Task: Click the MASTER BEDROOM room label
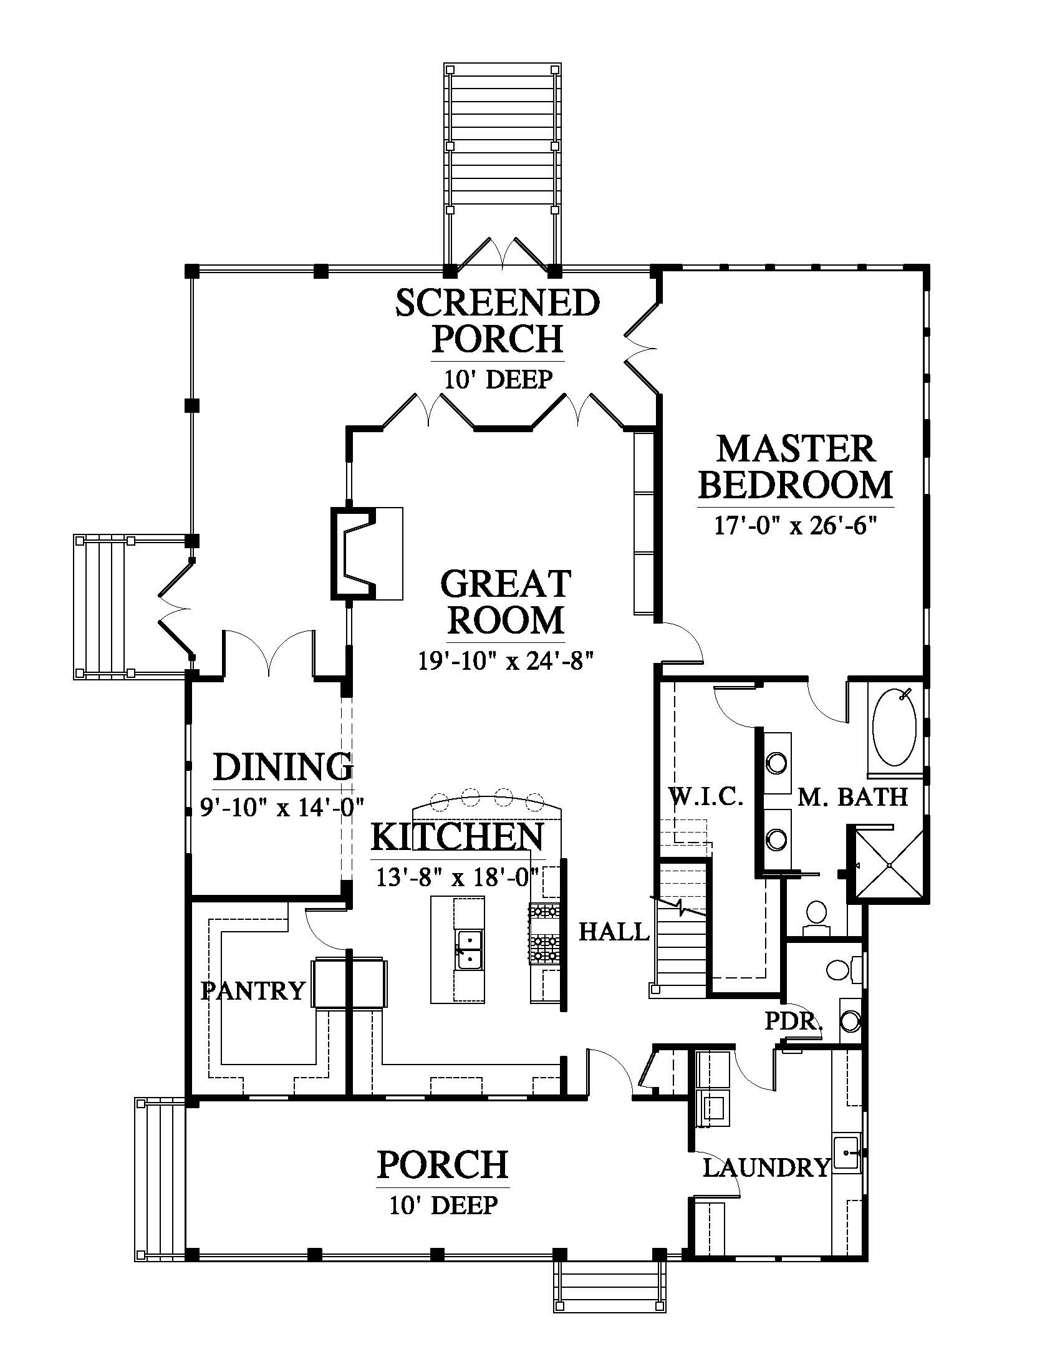[x=796, y=467]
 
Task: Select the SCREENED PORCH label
[x=498, y=321]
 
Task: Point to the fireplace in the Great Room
[x=367, y=553]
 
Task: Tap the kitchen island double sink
[x=467, y=949]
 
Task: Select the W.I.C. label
[x=705, y=797]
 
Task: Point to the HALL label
[x=614, y=931]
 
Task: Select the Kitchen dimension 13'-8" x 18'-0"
[x=458, y=876]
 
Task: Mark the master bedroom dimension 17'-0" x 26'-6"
[x=796, y=524]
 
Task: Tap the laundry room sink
[x=847, y=1153]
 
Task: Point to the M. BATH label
[x=853, y=797]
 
